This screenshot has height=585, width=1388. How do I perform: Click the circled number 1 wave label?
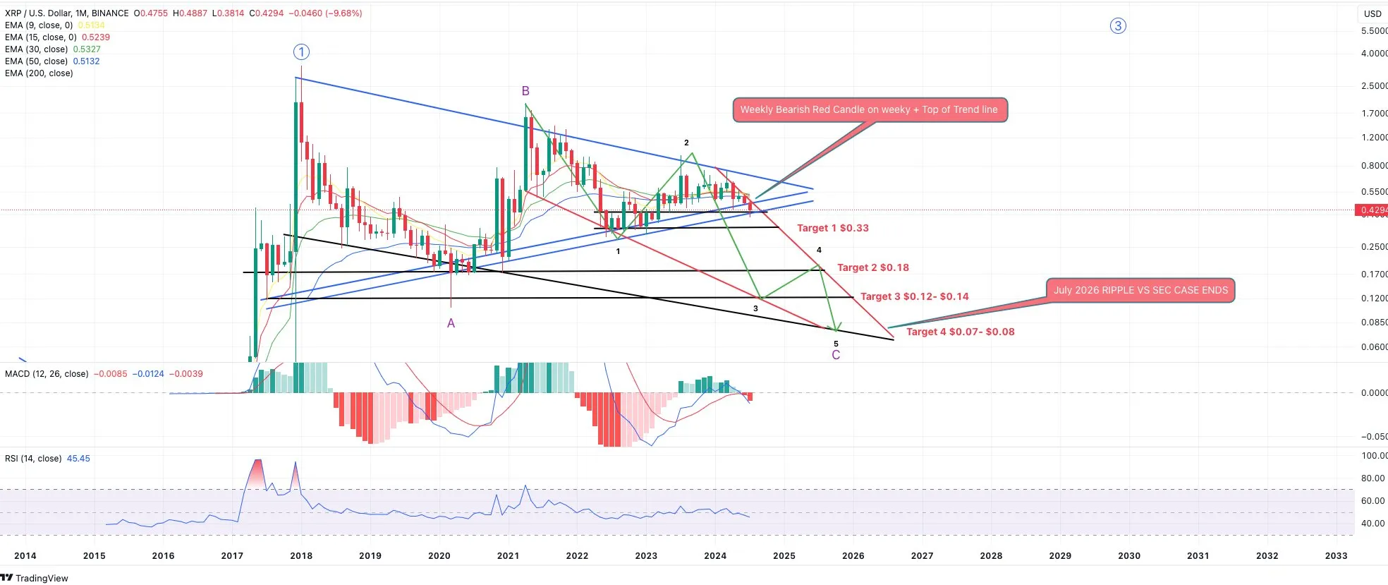point(301,52)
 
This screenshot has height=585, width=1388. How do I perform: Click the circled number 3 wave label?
point(1118,26)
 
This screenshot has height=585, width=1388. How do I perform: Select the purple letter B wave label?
point(525,91)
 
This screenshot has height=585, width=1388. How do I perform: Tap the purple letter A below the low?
point(451,323)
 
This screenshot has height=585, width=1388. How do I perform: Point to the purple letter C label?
point(836,355)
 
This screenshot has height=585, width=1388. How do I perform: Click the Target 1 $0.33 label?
point(832,228)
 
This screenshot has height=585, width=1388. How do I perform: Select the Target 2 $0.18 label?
point(872,267)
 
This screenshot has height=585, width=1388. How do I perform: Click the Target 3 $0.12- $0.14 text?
point(914,296)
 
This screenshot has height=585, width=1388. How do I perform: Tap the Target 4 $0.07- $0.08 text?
point(960,332)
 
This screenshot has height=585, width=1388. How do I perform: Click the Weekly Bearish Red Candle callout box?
point(869,110)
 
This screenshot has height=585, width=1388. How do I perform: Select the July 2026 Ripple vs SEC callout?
point(1140,290)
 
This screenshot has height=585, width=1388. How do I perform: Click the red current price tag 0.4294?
point(1372,210)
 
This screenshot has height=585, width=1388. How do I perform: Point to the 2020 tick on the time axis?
point(439,555)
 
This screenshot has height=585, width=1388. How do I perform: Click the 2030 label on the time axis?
point(1128,555)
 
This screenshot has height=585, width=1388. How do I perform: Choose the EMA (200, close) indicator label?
point(39,73)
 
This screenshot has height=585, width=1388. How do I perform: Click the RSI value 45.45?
point(78,459)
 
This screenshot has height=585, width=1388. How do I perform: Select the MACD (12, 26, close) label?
point(47,374)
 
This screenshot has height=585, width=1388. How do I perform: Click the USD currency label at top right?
point(1372,13)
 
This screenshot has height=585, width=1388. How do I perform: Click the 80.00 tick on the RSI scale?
point(1372,478)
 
